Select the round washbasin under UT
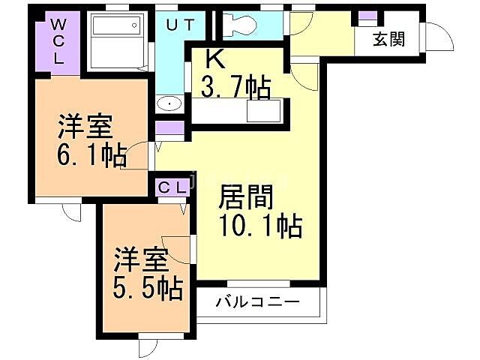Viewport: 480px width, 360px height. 169,103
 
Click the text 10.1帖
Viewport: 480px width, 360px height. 259,224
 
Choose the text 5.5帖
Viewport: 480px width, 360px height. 148,287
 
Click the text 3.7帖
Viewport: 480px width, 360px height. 235,88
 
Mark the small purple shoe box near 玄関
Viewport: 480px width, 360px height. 367,16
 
